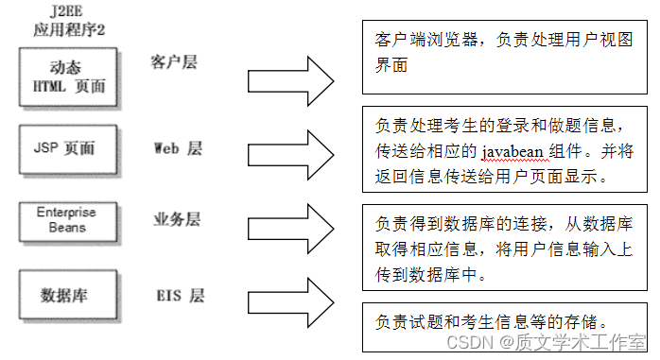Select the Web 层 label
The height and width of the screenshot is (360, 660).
tap(179, 148)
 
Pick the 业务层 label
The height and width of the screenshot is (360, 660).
tap(177, 219)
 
